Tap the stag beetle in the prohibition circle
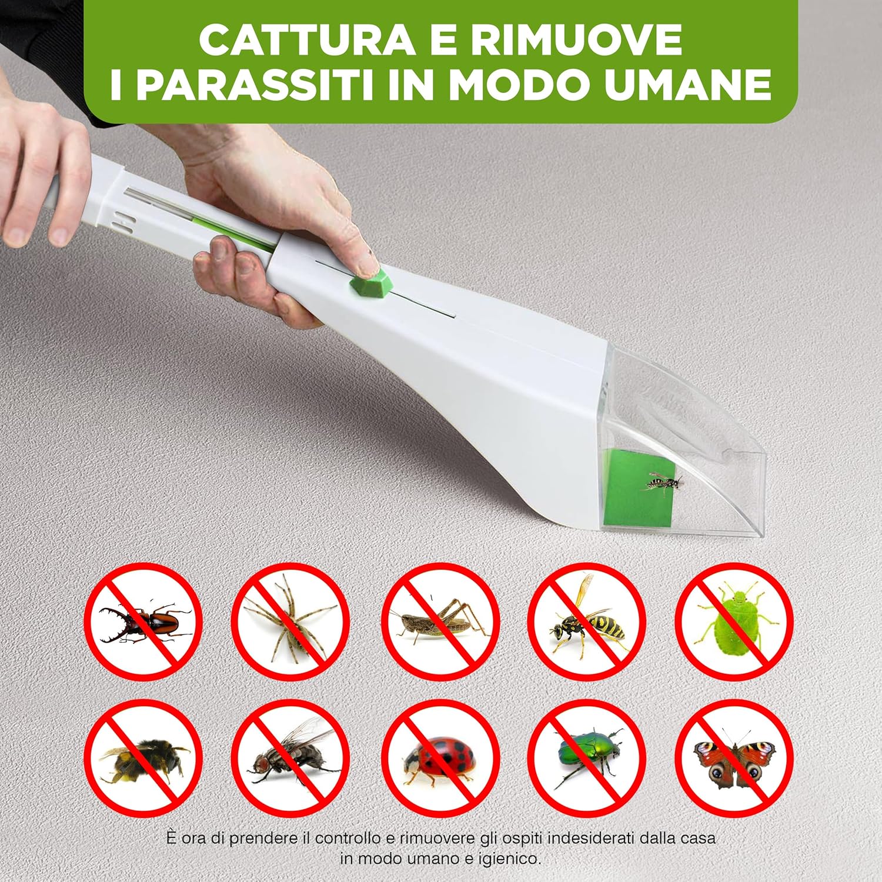143,621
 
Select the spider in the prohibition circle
290,621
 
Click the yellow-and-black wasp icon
587,621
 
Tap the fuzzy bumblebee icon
143,759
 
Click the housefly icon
290,759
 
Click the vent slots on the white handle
125,224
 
